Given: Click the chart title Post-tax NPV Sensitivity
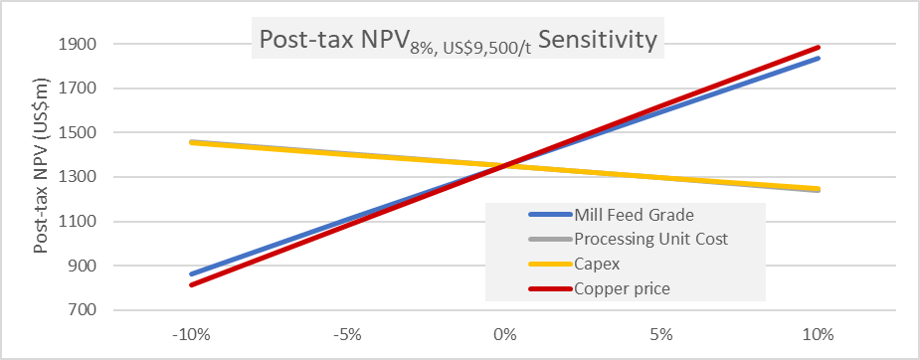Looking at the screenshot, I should [x=457, y=41].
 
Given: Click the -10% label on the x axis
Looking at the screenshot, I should [x=192, y=334].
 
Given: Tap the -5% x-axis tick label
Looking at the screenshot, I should [x=348, y=334].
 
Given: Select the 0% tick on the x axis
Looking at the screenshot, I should [x=505, y=334].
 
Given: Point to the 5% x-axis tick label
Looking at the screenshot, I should [x=661, y=334].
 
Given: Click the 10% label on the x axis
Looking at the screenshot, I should [x=819, y=334].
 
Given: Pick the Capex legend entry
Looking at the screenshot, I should [x=597, y=264].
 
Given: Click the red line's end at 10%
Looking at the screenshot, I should [x=819, y=47].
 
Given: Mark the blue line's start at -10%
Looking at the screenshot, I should [x=192, y=273].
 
